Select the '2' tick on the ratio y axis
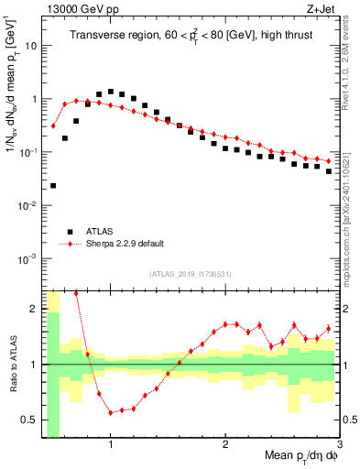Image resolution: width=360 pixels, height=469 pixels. [x=33, y=309]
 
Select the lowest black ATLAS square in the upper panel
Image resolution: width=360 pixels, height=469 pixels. [x=53, y=186]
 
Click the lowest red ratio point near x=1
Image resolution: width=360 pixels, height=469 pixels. [x=111, y=412]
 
